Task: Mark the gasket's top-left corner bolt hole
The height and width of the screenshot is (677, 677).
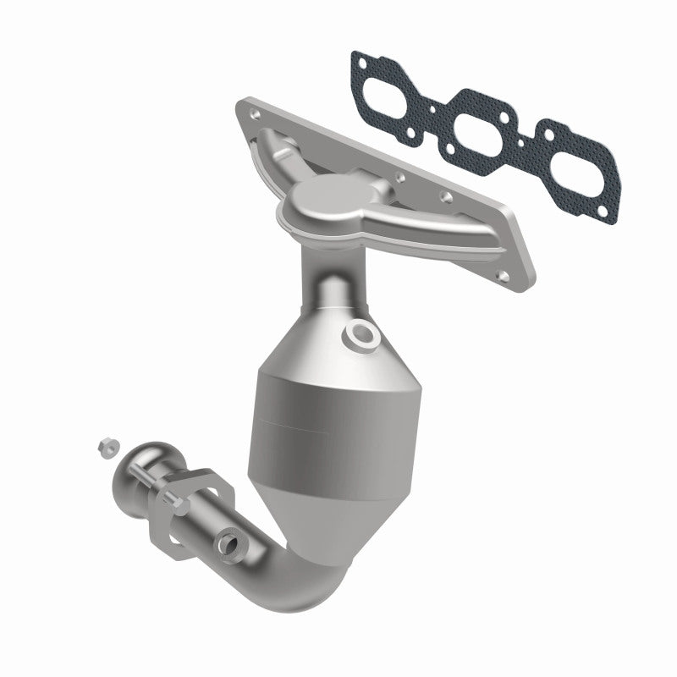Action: point(362,59)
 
